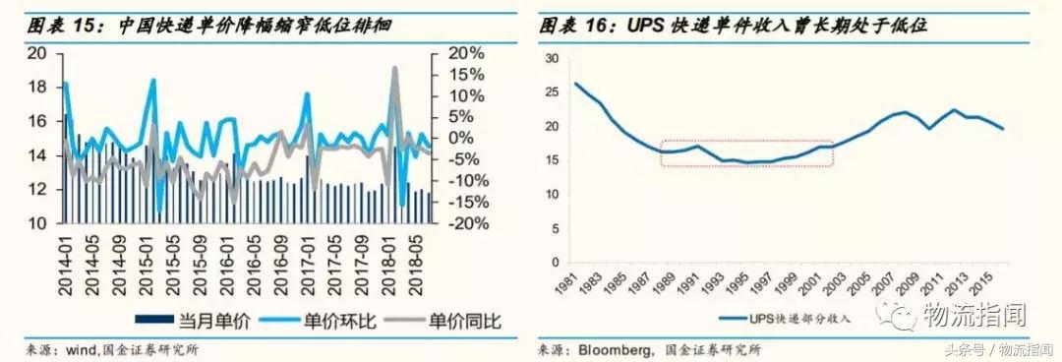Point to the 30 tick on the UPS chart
[x=551, y=59]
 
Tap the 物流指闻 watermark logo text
[x=973, y=316]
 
